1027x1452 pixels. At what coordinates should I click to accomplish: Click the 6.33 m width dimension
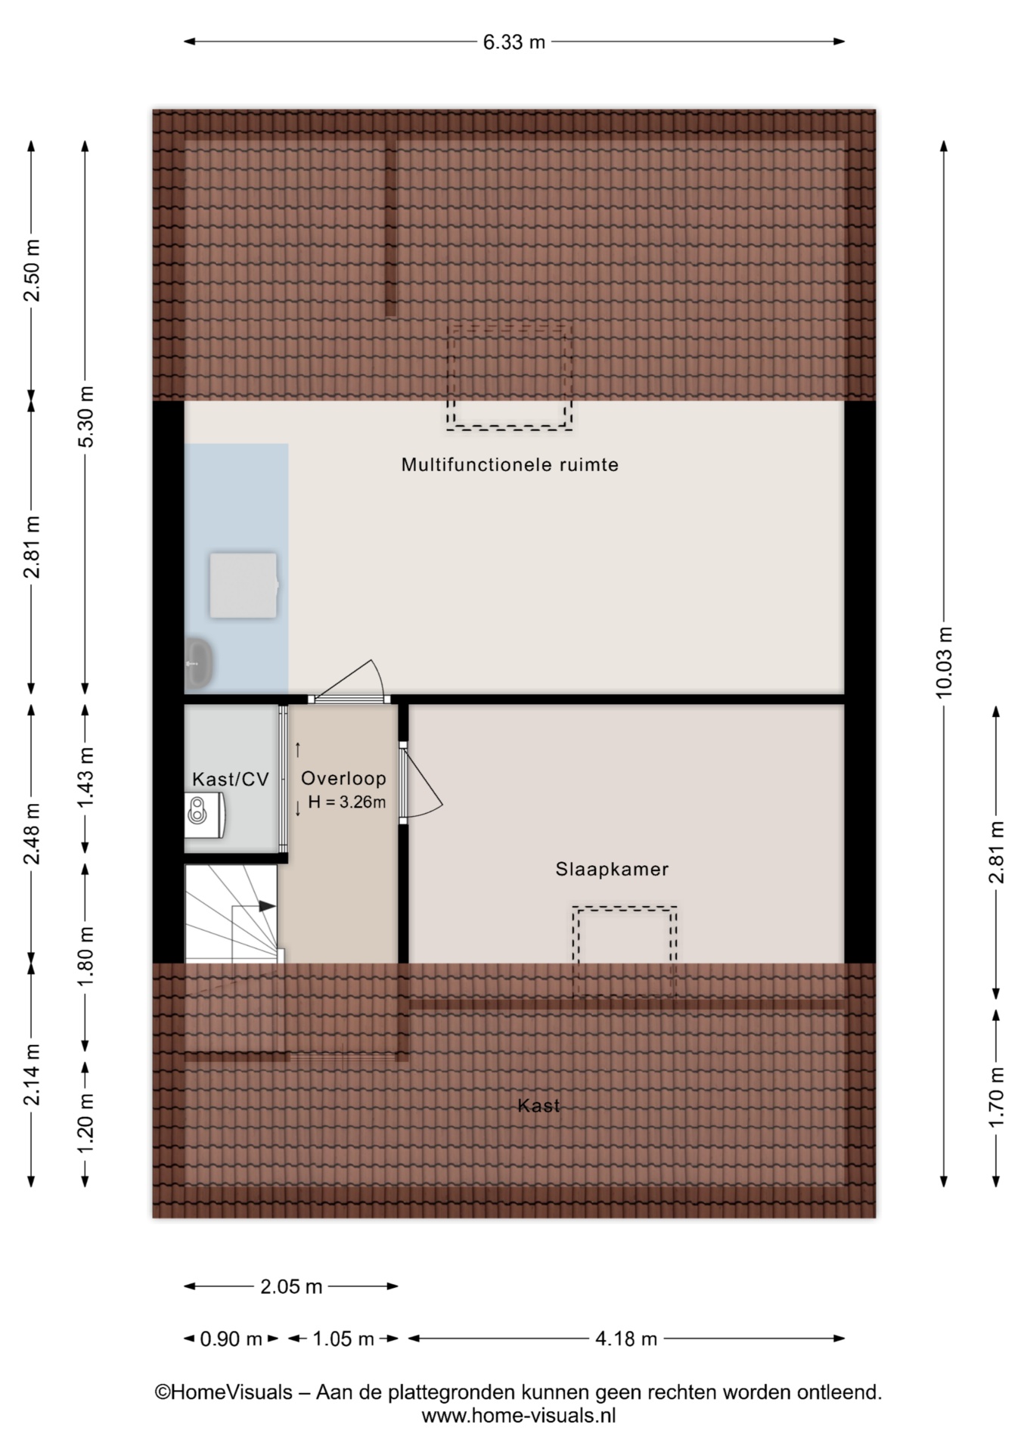[x=514, y=42]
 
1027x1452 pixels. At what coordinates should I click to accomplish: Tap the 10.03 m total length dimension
[x=944, y=662]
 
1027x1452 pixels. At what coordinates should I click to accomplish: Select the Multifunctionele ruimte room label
[x=510, y=464]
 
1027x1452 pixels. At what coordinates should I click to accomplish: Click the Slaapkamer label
[x=612, y=869]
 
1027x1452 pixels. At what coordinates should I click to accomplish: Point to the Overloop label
[x=343, y=778]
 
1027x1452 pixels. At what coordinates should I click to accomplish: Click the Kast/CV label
[x=231, y=779]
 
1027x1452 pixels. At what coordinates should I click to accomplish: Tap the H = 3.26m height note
[x=347, y=802]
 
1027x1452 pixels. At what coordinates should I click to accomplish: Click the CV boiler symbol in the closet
[x=203, y=814]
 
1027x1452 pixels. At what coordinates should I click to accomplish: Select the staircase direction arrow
[x=253, y=906]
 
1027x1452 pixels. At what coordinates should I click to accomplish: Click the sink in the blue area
[x=199, y=662]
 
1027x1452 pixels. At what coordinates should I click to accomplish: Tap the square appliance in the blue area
[x=244, y=585]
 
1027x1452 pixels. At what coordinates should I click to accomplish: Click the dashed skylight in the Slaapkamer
[x=625, y=951]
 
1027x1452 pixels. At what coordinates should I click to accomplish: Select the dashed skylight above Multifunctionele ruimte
[x=509, y=376]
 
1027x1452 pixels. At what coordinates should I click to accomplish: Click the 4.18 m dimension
[x=626, y=1339]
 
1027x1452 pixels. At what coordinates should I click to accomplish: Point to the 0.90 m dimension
[x=231, y=1339]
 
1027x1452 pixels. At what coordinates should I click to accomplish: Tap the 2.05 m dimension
[x=292, y=1286]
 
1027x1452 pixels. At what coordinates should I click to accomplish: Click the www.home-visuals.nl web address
[x=519, y=1416]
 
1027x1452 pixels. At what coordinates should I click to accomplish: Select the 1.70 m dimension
[x=997, y=1097]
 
